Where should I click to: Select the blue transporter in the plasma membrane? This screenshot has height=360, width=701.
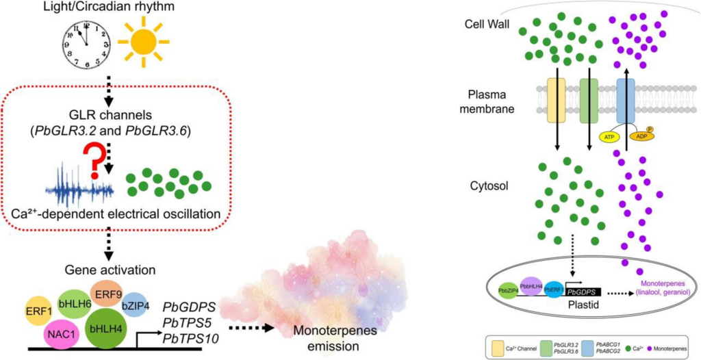(x=626, y=100)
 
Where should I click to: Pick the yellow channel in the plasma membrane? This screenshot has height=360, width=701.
(x=556, y=101)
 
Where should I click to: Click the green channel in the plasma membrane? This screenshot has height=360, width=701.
(x=589, y=101)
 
